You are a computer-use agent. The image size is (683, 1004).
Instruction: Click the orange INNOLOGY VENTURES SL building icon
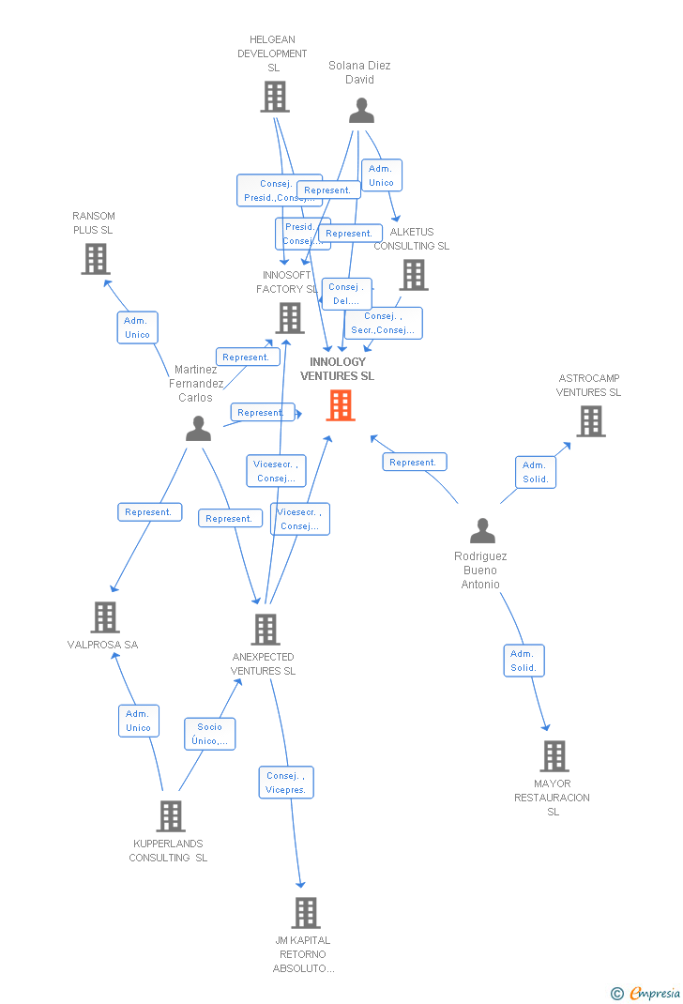coord(341,405)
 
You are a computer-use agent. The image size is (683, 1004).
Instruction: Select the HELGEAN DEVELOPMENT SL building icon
coord(274,97)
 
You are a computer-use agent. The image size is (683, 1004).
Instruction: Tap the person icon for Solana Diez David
coord(361,111)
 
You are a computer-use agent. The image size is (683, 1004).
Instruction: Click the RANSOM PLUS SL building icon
coord(96,259)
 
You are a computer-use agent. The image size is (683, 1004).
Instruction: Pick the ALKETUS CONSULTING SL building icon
coord(414,275)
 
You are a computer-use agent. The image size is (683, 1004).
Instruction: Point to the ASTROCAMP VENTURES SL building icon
coord(590,421)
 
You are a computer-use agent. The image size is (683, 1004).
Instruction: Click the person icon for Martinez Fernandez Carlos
coord(198,428)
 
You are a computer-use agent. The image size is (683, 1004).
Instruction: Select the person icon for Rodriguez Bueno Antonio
coord(482,531)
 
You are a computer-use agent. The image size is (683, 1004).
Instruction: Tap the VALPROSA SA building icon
coord(105,617)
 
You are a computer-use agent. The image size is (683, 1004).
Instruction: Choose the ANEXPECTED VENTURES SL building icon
coord(266,630)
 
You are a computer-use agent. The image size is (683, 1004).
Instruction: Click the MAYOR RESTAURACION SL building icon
coord(554,756)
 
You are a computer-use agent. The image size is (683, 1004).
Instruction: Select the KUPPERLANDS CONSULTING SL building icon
coord(170,816)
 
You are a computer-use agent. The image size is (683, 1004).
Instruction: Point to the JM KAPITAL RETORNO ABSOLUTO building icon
coord(305,913)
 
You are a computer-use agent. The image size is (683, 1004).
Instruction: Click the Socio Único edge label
coord(210,734)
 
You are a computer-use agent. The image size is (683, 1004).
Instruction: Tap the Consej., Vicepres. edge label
coord(286,783)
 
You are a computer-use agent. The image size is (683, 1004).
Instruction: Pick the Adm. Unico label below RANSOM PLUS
coord(137,327)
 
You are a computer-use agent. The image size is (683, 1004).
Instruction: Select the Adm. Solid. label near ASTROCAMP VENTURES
coord(535,472)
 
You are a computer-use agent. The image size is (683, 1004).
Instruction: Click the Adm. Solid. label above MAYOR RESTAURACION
coord(524,661)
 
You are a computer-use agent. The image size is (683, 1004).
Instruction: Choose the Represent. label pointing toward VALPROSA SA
coord(149,512)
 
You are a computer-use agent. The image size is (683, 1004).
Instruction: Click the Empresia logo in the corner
coord(646,993)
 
